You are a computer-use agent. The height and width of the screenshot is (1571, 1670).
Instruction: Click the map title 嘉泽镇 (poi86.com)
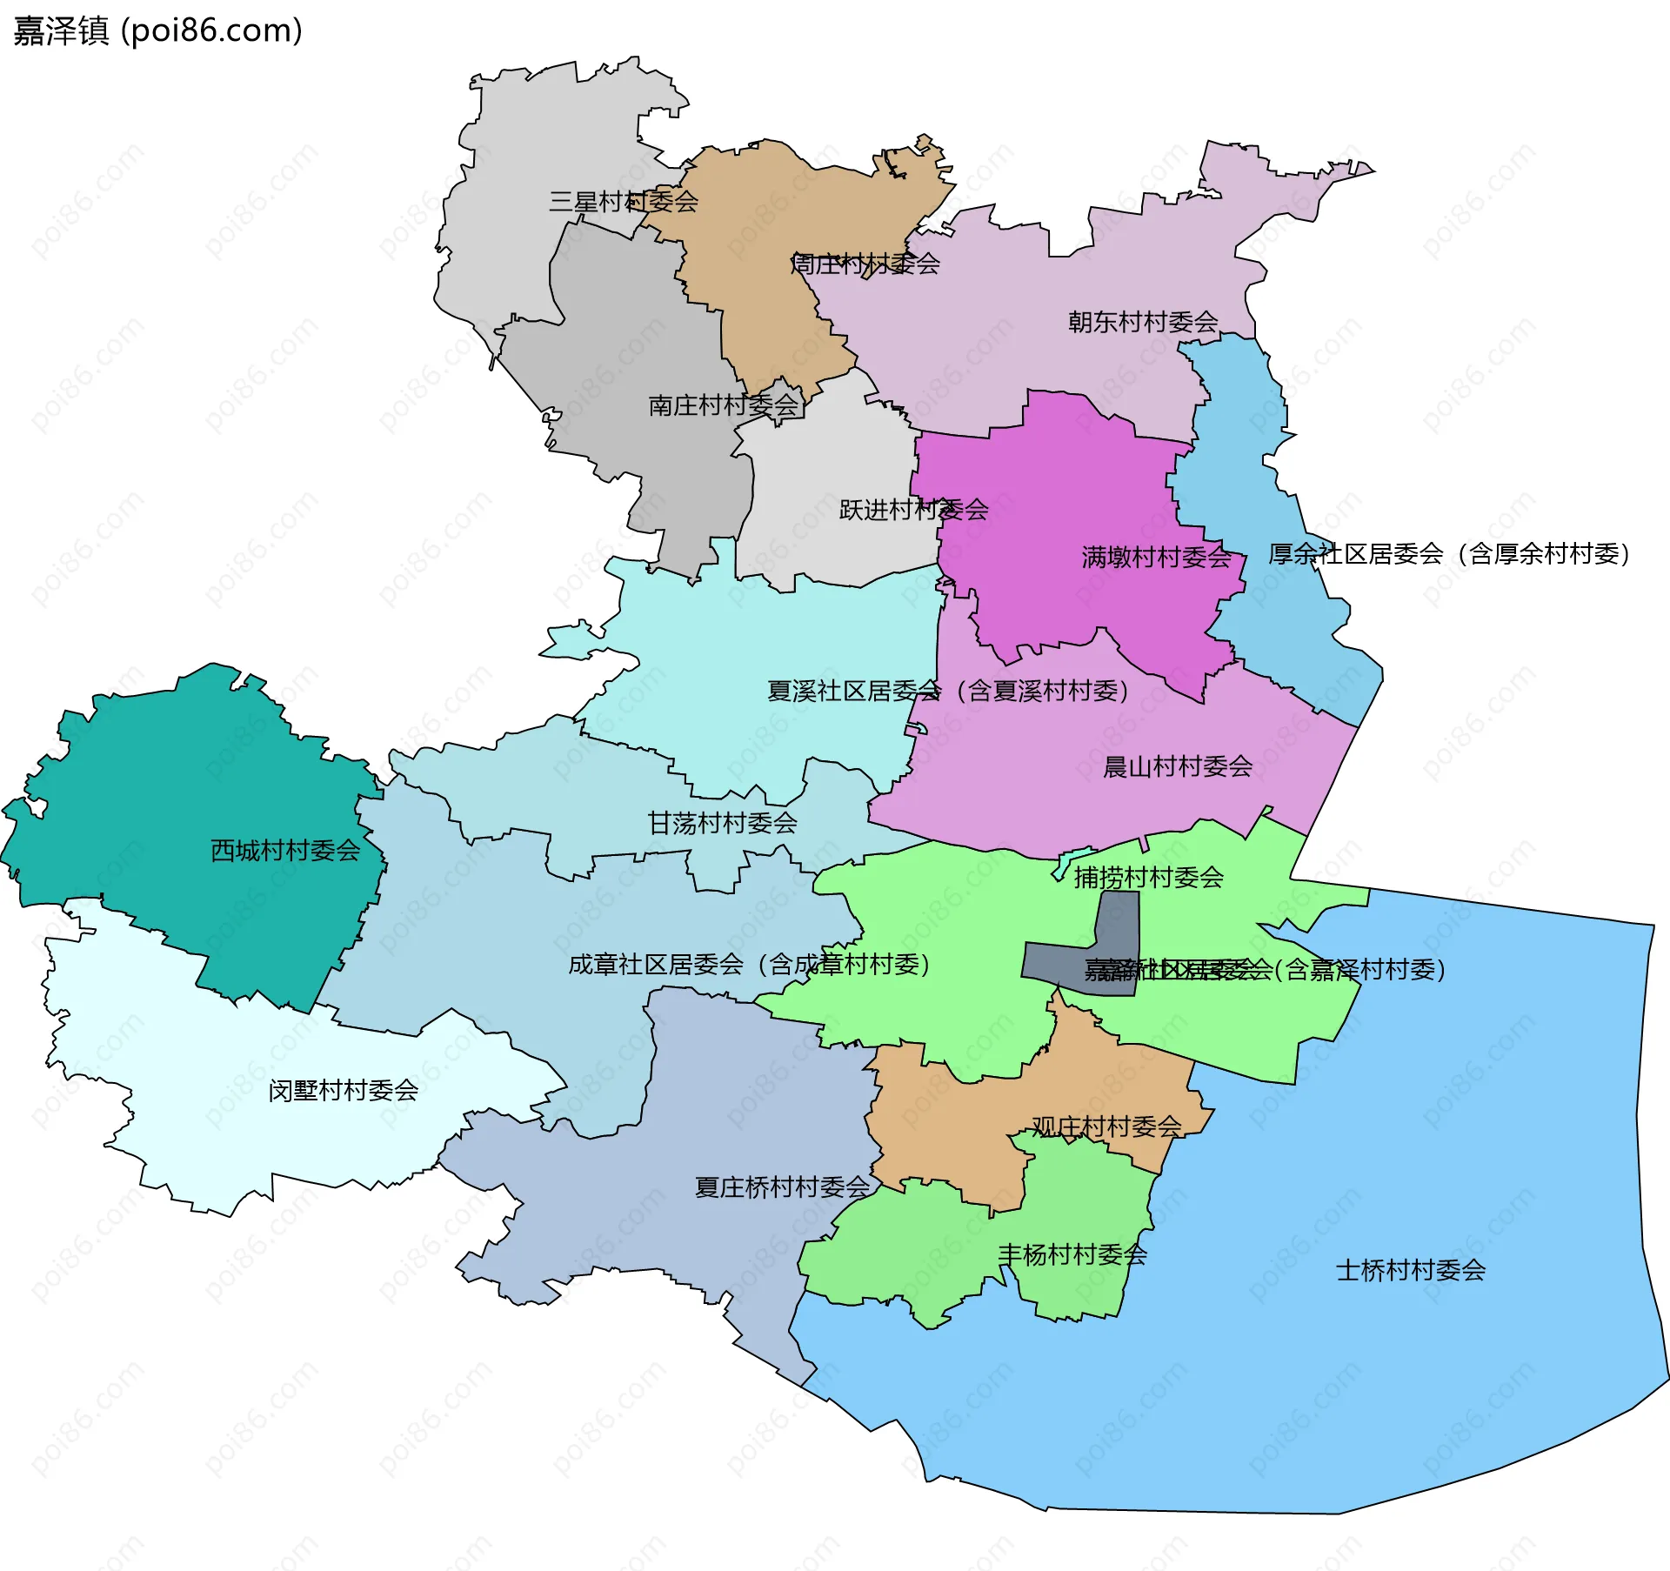pyautogui.click(x=157, y=31)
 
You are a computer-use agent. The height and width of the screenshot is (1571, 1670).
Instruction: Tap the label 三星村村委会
pyautogui.click(x=623, y=202)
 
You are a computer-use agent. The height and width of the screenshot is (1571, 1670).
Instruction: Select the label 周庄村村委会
pyautogui.click(x=865, y=264)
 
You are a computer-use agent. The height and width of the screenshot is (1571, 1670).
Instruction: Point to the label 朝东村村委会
pyautogui.click(x=1143, y=323)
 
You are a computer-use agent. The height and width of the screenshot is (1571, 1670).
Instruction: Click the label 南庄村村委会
pyautogui.click(x=723, y=405)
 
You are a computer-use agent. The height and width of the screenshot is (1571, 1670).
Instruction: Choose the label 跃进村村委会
pyautogui.click(x=913, y=510)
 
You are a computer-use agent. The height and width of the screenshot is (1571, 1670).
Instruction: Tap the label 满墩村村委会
pyautogui.click(x=1156, y=558)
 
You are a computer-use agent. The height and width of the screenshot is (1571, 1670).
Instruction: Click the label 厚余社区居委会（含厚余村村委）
pyautogui.click(x=1448, y=554)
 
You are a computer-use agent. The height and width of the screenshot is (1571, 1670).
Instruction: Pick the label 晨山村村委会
pyautogui.click(x=1178, y=767)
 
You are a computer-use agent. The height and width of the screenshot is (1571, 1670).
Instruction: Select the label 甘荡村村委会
pyautogui.click(x=722, y=823)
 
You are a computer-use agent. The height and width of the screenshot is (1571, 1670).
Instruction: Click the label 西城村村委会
pyautogui.click(x=285, y=851)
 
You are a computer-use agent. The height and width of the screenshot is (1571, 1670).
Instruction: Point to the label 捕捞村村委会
pyautogui.click(x=1148, y=878)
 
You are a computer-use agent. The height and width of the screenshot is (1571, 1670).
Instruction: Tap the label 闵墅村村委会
pyautogui.click(x=343, y=1091)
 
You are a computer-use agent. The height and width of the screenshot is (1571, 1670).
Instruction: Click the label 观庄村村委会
pyautogui.click(x=1106, y=1127)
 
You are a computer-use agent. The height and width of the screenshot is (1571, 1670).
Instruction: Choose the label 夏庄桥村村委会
pyautogui.click(x=782, y=1187)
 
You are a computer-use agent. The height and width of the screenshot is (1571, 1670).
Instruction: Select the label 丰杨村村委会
pyautogui.click(x=1072, y=1255)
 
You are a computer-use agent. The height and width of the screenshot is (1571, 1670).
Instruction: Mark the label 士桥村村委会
pyautogui.click(x=1410, y=1271)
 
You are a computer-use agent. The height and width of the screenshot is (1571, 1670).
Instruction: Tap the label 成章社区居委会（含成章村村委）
pyautogui.click(x=749, y=965)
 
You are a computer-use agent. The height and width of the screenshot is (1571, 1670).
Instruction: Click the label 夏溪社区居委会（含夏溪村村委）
pyautogui.click(x=947, y=692)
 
